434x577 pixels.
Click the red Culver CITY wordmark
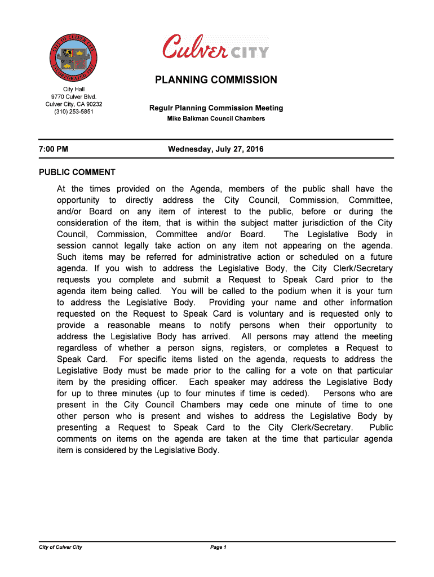tap(216, 46)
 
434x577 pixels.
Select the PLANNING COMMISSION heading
tap(216, 80)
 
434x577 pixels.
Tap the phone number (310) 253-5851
tap(74, 112)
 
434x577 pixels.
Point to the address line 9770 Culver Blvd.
tap(74, 97)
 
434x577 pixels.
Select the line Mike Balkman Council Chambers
tap(216, 119)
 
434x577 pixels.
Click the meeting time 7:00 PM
tap(54, 149)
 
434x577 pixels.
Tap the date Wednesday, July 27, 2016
tap(216, 149)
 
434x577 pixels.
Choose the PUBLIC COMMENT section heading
tap(77, 172)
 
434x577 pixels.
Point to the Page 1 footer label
tap(218, 547)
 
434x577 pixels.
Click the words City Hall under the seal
tap(74, 90)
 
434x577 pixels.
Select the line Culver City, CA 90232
tap(74, 104)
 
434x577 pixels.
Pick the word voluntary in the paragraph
tap(261, 314)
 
